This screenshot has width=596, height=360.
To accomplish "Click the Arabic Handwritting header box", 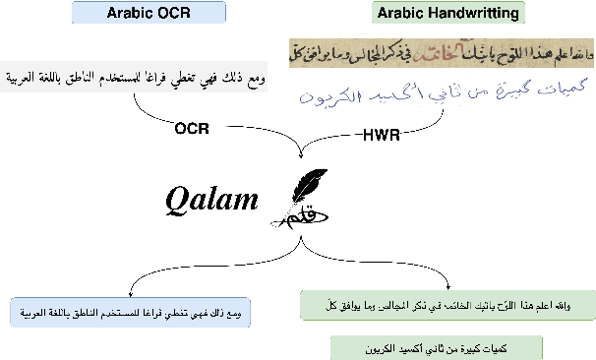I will pos(447,14).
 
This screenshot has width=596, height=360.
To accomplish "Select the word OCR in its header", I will pos(174,14).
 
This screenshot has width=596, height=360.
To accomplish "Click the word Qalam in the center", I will pos(211,200).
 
